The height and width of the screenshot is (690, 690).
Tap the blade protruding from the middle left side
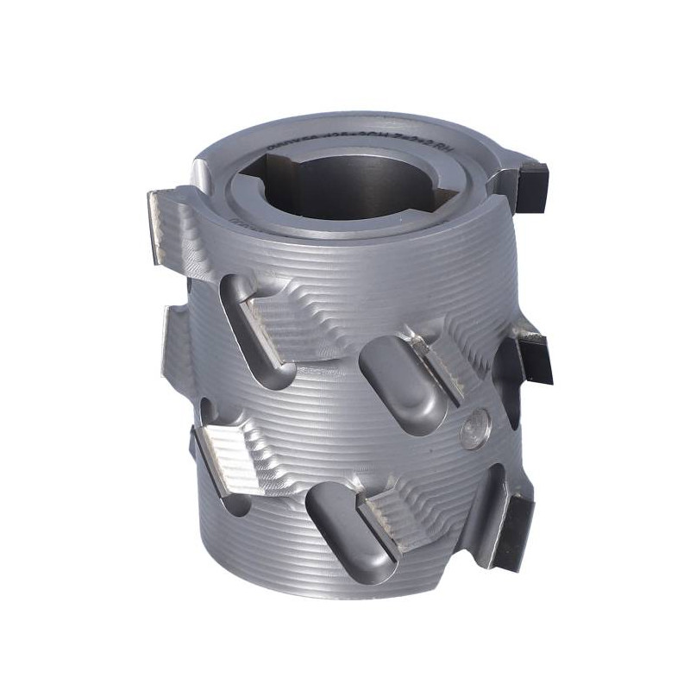(172, 336)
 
